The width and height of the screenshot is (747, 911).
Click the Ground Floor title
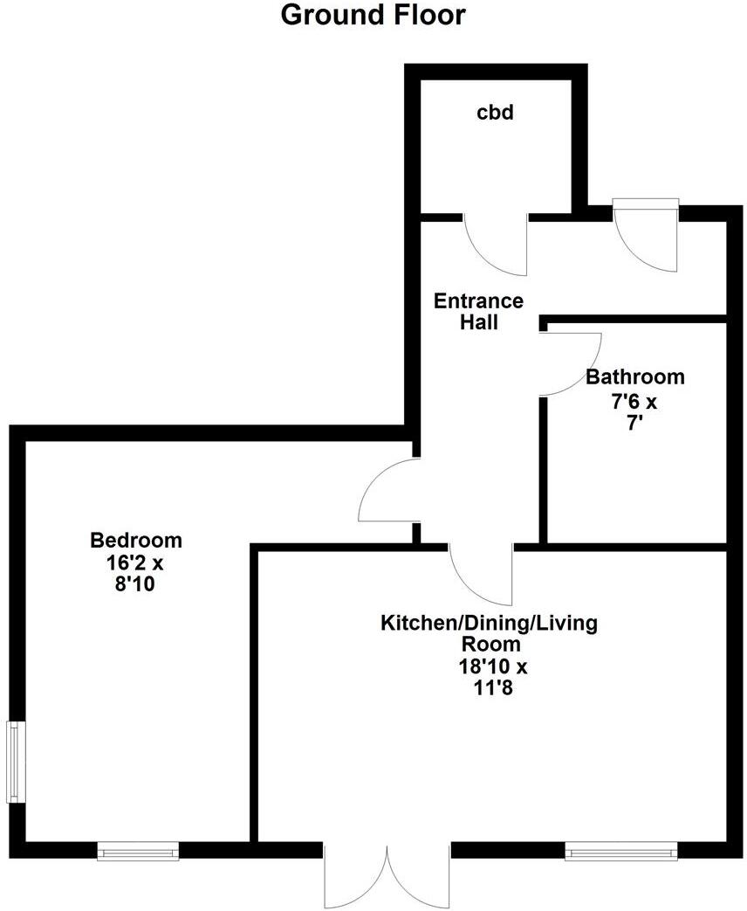(x=373, y=16)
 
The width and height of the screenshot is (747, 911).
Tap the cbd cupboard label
(x=494, y=113)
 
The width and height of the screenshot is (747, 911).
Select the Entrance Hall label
(x=479, y=312)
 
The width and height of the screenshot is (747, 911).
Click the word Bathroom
(x=634, y=377)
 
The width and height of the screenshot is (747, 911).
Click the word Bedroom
(x=136, y=540)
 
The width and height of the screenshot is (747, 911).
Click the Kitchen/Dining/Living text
(x=490, y=624)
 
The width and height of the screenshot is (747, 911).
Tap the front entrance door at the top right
(x=647, y=236)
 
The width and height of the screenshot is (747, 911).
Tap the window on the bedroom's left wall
(x=15, y=762)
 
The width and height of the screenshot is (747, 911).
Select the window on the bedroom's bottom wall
(x=138, y=851)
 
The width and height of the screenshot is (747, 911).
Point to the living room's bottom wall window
(x=620, y=851)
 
